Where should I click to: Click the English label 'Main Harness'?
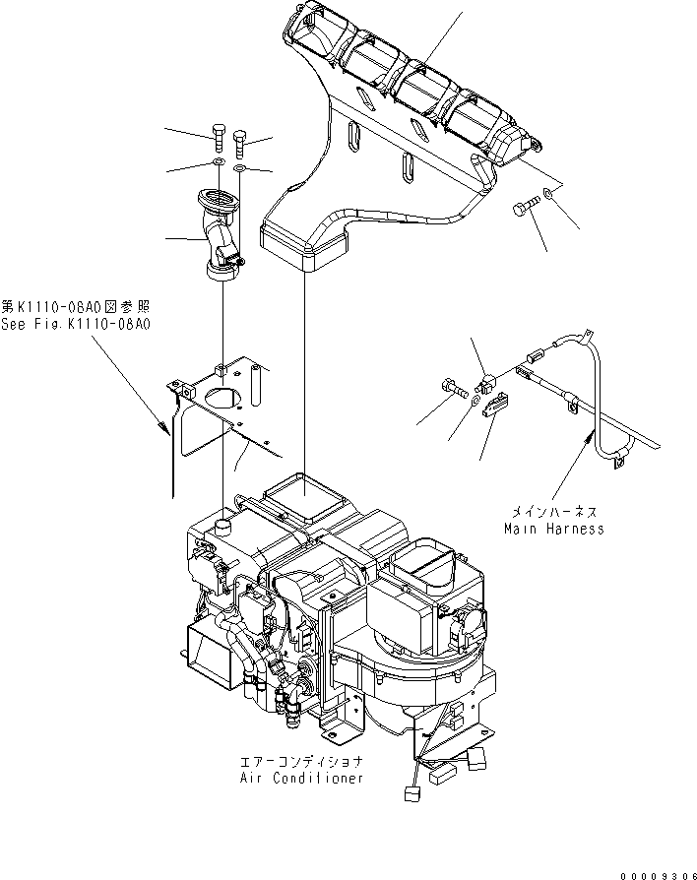point(553,529)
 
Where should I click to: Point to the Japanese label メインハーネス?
point(553,513)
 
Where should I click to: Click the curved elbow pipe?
point(222,237)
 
